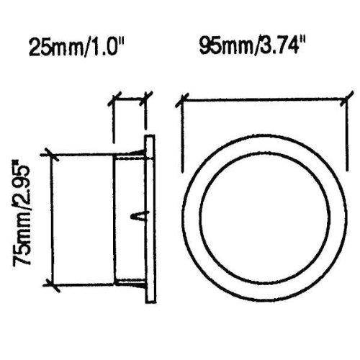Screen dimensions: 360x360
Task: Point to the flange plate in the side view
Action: pyautogui.click(x=149, y=219)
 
